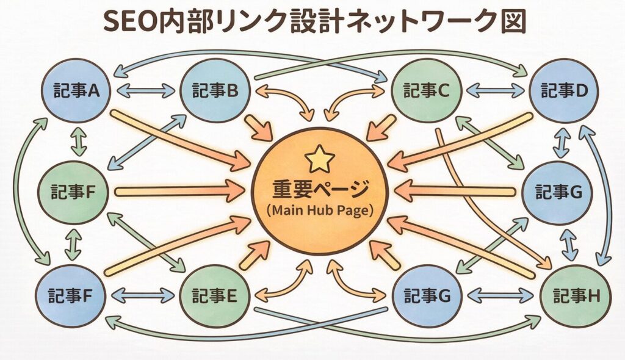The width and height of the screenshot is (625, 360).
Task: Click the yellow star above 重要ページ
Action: tap(319, 160)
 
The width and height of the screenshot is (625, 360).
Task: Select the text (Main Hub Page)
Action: tap(319, 209)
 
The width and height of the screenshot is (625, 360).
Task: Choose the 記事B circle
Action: tap(214, 91)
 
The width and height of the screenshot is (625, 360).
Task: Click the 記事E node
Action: tap(214, 296)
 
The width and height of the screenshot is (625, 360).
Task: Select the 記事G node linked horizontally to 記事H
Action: tap(427, 296)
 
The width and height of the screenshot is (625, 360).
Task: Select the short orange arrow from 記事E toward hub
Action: tap(255, 255)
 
